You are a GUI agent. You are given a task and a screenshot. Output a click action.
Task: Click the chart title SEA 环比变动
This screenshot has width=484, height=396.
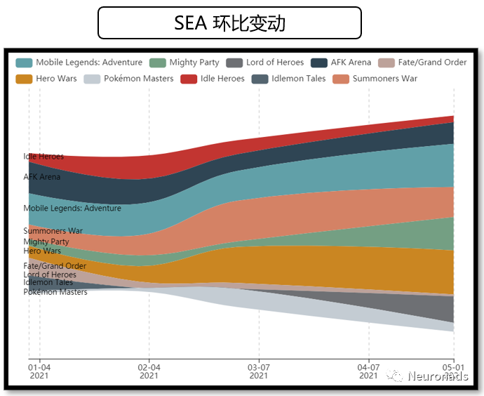point(229,23)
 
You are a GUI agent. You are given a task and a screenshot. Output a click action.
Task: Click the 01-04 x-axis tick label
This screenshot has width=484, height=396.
point(39,371)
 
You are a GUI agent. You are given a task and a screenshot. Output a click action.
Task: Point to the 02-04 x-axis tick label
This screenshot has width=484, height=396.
point(149,371)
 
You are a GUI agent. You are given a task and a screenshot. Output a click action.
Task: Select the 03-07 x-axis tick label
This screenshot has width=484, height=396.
point(259,371)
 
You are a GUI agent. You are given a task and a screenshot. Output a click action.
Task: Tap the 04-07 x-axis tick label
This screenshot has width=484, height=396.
point(368,371)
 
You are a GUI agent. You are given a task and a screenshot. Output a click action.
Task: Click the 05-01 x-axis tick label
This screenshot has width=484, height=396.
point(454,371)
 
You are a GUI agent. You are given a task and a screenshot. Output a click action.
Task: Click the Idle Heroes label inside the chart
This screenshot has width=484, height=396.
point(43,157)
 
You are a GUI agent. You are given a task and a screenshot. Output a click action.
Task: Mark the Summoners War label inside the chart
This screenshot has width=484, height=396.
point(53,231)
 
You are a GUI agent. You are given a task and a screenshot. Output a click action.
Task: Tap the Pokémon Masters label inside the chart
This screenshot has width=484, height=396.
point(55,291)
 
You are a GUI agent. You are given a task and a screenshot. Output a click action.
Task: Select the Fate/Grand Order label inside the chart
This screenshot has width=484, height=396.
point(55,266)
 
